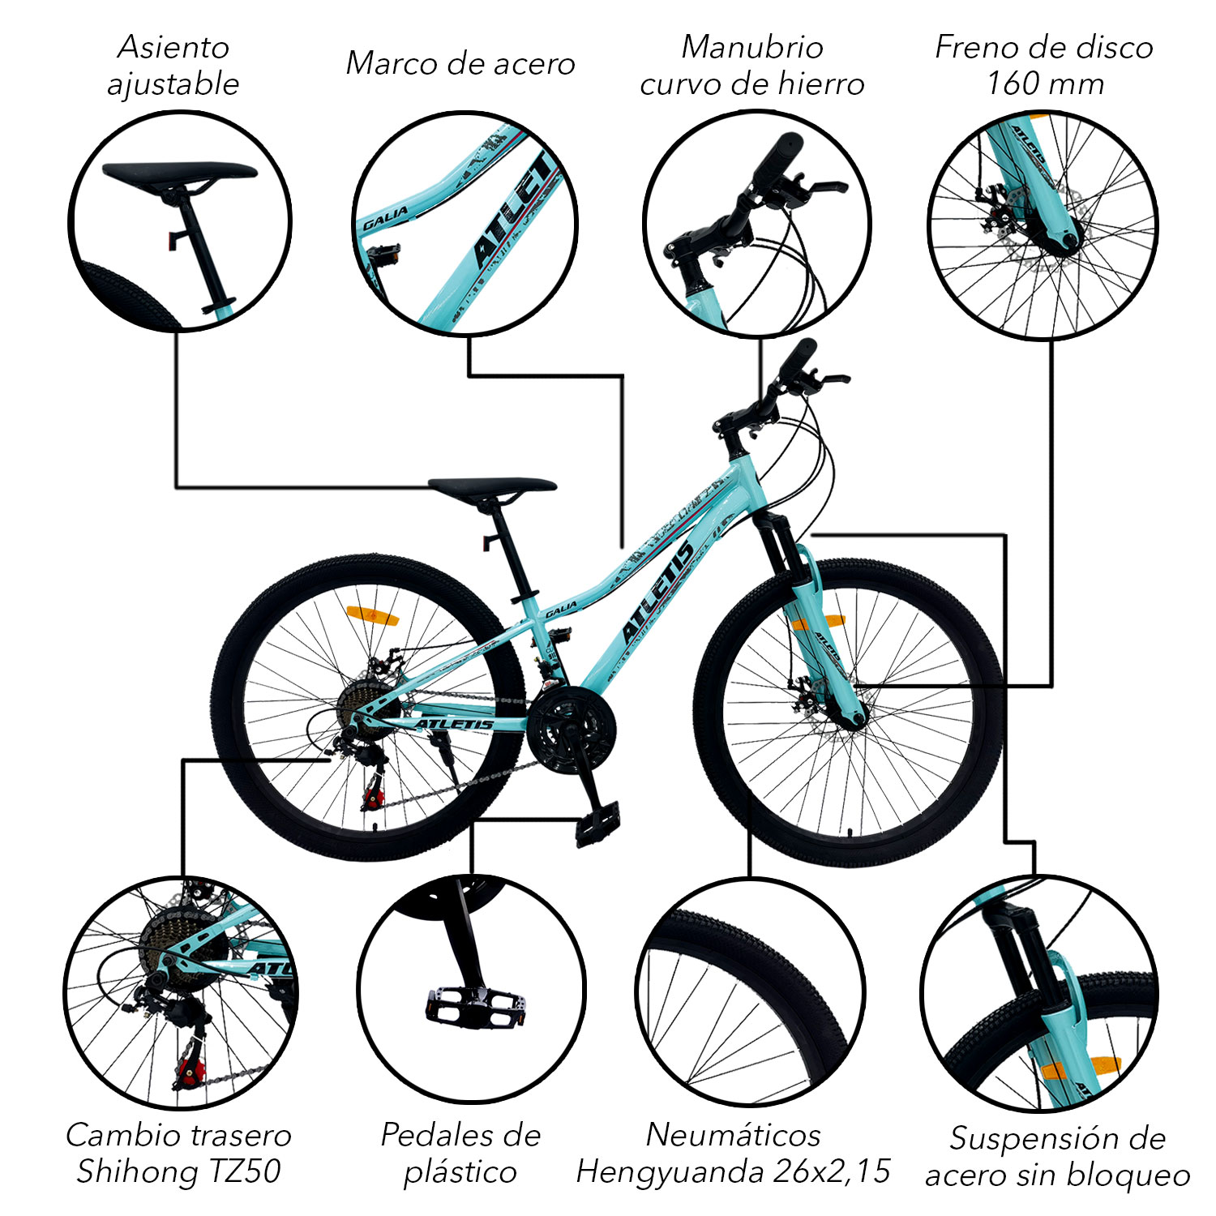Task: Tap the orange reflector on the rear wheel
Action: [373, 614]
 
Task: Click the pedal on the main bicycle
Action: [598, 824]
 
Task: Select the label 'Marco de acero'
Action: [460, 64]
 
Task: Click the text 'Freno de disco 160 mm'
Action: [1044, 65]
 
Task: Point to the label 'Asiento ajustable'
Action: [173, 65]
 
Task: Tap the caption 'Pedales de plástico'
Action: [460, 1153]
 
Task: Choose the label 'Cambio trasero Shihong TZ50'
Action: [178, 1153]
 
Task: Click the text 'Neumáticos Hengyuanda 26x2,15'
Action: [733, 1153]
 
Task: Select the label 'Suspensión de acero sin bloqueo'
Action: [1057, 1157]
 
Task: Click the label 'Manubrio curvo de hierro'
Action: [751, 65]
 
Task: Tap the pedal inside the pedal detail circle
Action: [476, 1005]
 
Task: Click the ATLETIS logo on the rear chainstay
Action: [455, 724]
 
